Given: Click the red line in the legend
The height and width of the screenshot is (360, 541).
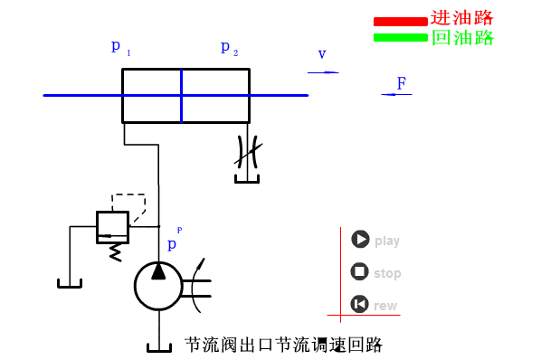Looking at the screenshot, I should click(400, 21).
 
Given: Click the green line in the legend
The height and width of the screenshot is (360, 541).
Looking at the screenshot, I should click(400, 37).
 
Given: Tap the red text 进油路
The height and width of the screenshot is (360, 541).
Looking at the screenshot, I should click(461, 18).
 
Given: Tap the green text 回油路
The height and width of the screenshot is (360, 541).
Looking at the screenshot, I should click(461, 38).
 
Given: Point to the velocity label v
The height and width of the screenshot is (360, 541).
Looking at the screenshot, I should click(321, 54).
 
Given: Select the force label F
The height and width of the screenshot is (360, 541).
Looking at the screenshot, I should click(401, 84).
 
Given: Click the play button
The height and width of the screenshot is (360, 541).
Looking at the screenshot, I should click(360, 240).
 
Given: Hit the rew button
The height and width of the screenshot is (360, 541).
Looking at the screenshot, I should click(360, 304).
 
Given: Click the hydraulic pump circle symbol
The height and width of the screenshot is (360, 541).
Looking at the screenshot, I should click(158, 286).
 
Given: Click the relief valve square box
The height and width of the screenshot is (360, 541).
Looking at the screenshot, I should click(112, 226).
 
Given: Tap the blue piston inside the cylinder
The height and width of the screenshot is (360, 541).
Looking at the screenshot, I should click(181, 95).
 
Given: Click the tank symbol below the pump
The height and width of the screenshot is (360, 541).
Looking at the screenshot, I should click(158, 346).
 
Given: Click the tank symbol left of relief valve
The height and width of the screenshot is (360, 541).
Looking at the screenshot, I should click(70, 283).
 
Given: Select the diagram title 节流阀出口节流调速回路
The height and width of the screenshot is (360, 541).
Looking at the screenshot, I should click(284, 345).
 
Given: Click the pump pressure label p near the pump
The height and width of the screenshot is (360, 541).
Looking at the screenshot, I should click(172, 244).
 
